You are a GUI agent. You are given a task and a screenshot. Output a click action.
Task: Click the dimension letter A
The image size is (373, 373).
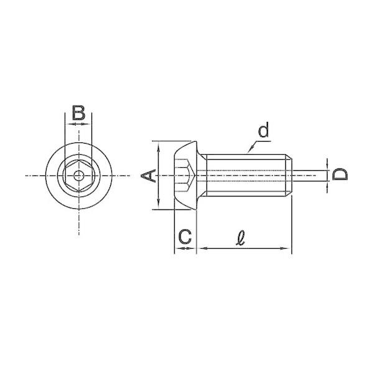coord(148,176)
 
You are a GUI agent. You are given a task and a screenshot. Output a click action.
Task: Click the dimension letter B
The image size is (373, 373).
coord(79,113)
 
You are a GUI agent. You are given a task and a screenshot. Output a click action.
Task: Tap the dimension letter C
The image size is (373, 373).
coord(185,237)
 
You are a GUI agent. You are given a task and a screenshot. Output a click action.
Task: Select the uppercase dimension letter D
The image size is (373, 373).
coord(340,174)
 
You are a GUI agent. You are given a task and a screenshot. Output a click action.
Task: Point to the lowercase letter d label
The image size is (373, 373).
coord(264,130)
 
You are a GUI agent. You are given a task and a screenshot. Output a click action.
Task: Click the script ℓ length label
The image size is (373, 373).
coord(241,237)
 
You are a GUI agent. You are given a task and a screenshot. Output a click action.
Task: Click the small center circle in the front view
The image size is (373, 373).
coord(79,176)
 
